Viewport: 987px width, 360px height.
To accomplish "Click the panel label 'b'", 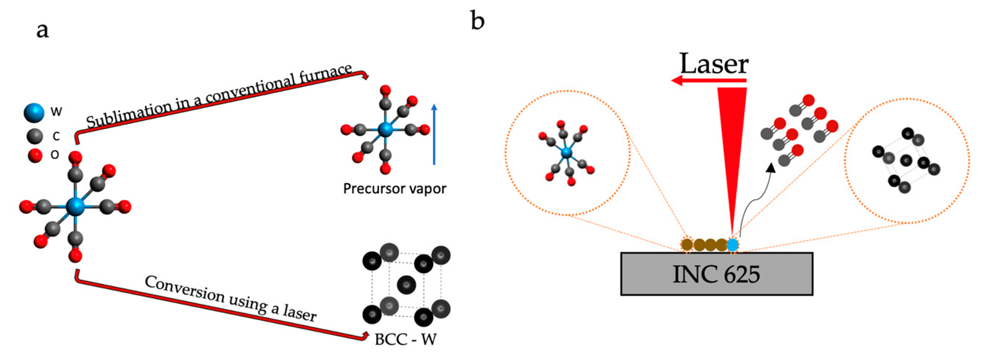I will tap(477, 21).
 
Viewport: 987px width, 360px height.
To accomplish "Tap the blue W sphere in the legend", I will tap(34, 113).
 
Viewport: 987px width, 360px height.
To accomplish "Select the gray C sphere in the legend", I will tap(35, 136).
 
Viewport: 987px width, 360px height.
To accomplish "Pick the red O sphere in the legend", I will tap(35, 155).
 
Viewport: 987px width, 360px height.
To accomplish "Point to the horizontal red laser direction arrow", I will tap(708, 80).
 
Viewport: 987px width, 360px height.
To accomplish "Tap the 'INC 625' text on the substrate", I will tap(716, 274).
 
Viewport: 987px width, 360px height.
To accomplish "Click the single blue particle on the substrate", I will tap(732, 245).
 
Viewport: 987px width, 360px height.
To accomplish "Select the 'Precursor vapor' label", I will tap(394, 189).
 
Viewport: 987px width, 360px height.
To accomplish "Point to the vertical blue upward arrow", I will tap(434, 134).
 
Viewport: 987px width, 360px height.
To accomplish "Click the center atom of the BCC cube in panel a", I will tap(406, 284).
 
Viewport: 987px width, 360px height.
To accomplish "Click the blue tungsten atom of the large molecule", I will tap(75, 206).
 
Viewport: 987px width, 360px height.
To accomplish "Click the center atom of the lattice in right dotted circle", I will tap(906, 160).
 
